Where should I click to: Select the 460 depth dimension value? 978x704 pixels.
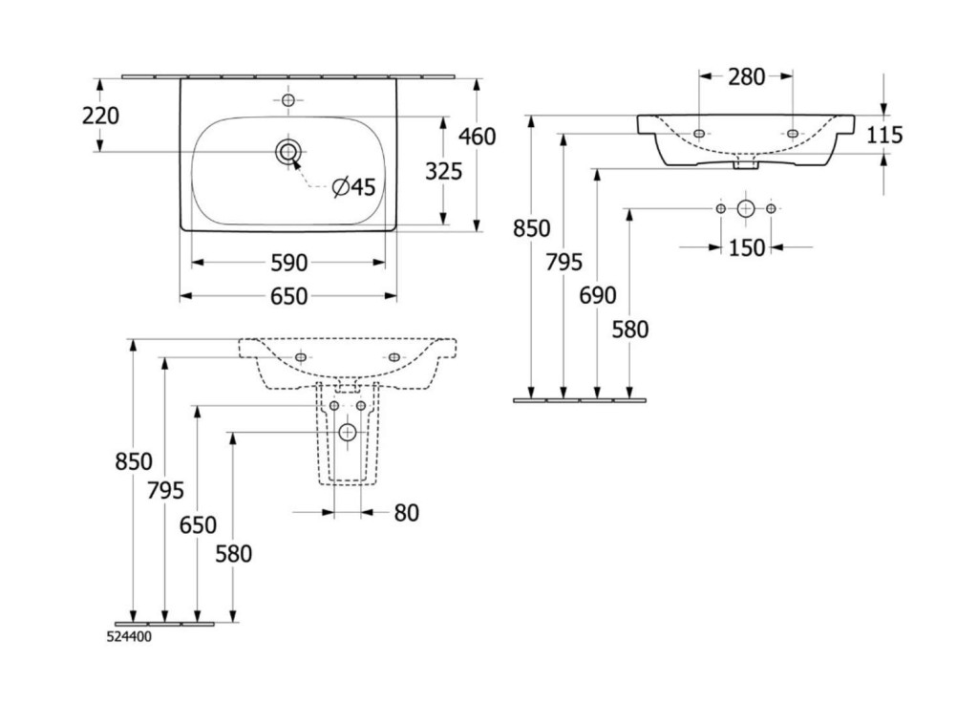click(478, 137)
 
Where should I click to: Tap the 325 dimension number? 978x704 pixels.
click(443, 171)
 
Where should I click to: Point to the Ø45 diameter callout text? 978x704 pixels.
click(353, 188)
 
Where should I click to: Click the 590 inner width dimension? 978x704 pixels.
click(288, 262)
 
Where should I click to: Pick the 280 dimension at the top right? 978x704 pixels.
click(746, 77)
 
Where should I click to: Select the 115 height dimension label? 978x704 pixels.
click(884, 135)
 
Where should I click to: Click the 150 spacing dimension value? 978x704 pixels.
click(747, 248)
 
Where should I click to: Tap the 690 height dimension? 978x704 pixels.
click(598, 295)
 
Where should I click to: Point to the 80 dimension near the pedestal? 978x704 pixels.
click(406, 513)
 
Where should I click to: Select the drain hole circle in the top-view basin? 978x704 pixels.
click(288, 151)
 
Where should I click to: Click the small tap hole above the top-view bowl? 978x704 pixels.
click(288, 99)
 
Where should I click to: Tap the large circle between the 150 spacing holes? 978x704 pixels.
click(746, 208)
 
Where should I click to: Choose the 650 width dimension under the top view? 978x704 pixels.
click(288, 297)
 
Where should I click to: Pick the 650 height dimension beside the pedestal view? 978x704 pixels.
click(198, 524)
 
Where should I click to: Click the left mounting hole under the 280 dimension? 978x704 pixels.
click(700, 133)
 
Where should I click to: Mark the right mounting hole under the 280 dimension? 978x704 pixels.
click(792, 133)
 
